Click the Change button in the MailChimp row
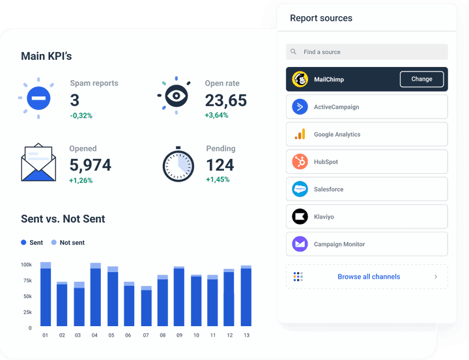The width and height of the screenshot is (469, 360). pyautogui.click(x=421, y=79)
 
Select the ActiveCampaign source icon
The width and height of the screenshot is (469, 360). pyautogui.click(x=300, y=107)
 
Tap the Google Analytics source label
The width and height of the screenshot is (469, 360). pyautogui.click(x=337, y=135)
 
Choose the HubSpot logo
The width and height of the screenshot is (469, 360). pyautogui.click(x=300, y=162)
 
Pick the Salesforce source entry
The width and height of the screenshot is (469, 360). pyautogui.click(x=367, y=189)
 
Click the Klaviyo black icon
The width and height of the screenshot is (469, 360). pyautogui.click(x=300, y=217)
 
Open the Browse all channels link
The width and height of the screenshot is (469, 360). pyautogui.click(x=369, y=277)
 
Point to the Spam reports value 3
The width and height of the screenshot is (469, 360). pyautogui.click(x=75, y=100)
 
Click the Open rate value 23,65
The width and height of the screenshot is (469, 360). pyautogui.click(x=225, y=100)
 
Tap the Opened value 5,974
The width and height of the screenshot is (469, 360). pyautogui.click(x=90, y=165)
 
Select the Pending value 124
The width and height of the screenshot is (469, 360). pyautogui.click(x=220, y=165)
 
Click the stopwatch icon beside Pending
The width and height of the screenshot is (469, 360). pyautogui.click(x=178, y=164)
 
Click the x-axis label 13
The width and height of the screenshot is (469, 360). pyautogui.click(x=246, y=335)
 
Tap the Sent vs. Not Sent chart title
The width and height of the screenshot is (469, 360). pyautogui.click(x=63, y=219)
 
